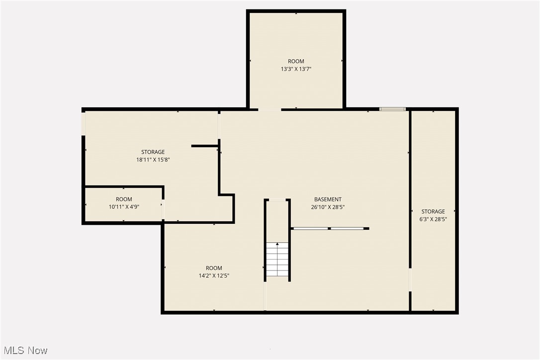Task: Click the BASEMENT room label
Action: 328,199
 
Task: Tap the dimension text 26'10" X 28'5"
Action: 328,207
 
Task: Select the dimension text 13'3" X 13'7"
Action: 296,70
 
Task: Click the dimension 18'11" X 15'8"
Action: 153,160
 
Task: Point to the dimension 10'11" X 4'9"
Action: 124,207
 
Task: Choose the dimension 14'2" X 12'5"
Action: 214,275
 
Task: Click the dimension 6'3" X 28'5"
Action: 433,219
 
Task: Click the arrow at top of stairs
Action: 277,244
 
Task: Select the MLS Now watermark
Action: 24,351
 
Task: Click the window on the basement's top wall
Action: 392,109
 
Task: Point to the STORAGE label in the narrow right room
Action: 433,211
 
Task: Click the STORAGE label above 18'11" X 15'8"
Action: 153,152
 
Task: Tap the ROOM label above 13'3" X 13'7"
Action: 296,62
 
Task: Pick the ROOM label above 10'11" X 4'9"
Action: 124,199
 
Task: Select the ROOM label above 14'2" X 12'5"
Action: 214,268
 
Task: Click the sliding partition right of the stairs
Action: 330,229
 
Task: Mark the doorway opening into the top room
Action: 270,109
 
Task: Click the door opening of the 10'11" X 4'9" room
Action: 163,209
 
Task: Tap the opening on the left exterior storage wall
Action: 84,123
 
